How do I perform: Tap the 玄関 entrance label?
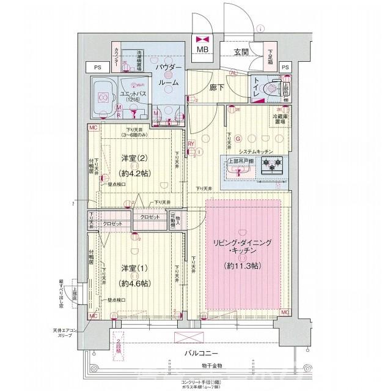tap(240, 53)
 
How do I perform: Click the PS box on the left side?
tap(97, 67)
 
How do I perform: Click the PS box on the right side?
tap(285, 67)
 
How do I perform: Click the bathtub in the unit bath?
tap(103, 97)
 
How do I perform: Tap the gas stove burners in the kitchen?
tap(271, 164)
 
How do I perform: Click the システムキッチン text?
tap(255, 151)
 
